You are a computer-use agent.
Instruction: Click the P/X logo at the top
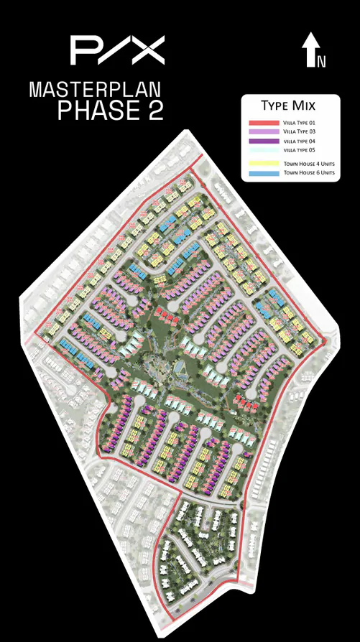tap(117, 50)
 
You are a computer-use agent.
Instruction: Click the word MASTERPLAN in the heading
tap(95, 90)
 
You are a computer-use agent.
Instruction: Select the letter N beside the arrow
tap(322, 62)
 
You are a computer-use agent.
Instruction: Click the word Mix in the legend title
tap(305, 106)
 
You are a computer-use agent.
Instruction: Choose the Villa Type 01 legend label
tap(298, 124)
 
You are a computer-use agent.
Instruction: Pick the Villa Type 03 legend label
tap(298, 132)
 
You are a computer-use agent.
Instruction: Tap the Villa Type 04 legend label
tap(297, 141)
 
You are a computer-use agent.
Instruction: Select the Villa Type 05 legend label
tap(297, 150)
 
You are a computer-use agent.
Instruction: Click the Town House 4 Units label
tap(308, 164)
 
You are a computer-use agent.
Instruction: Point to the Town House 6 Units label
tap(308, 173)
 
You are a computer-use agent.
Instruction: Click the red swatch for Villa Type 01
tap(263, 124)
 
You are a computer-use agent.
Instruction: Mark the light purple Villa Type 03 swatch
tap(263, 132)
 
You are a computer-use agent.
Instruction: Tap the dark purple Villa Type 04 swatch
tap(263, 141)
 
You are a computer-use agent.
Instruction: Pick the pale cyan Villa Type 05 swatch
tap(263, 150)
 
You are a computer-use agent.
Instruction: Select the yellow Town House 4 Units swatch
tap(263, 164)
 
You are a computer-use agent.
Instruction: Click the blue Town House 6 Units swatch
tap(263, 173)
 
